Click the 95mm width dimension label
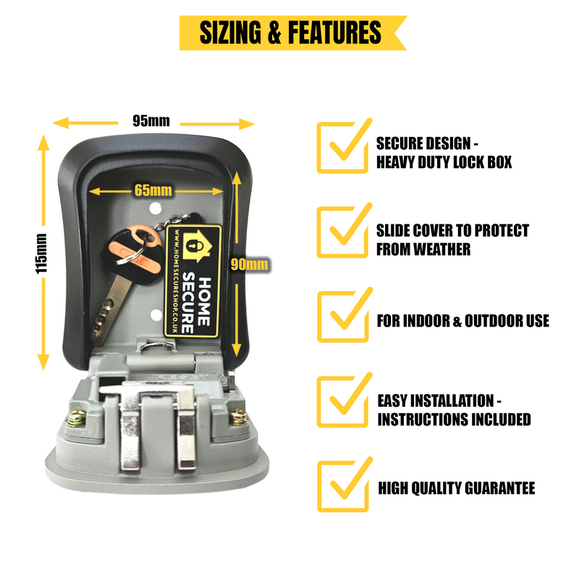(x=151, y=121)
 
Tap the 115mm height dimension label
(x=42, y=253)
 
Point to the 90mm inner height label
(x=249, y=264)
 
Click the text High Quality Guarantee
(x=457, y=489)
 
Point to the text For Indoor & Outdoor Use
(x=463, y=320)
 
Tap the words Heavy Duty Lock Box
(x=444, y=161)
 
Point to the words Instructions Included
(x=454, y=419)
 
